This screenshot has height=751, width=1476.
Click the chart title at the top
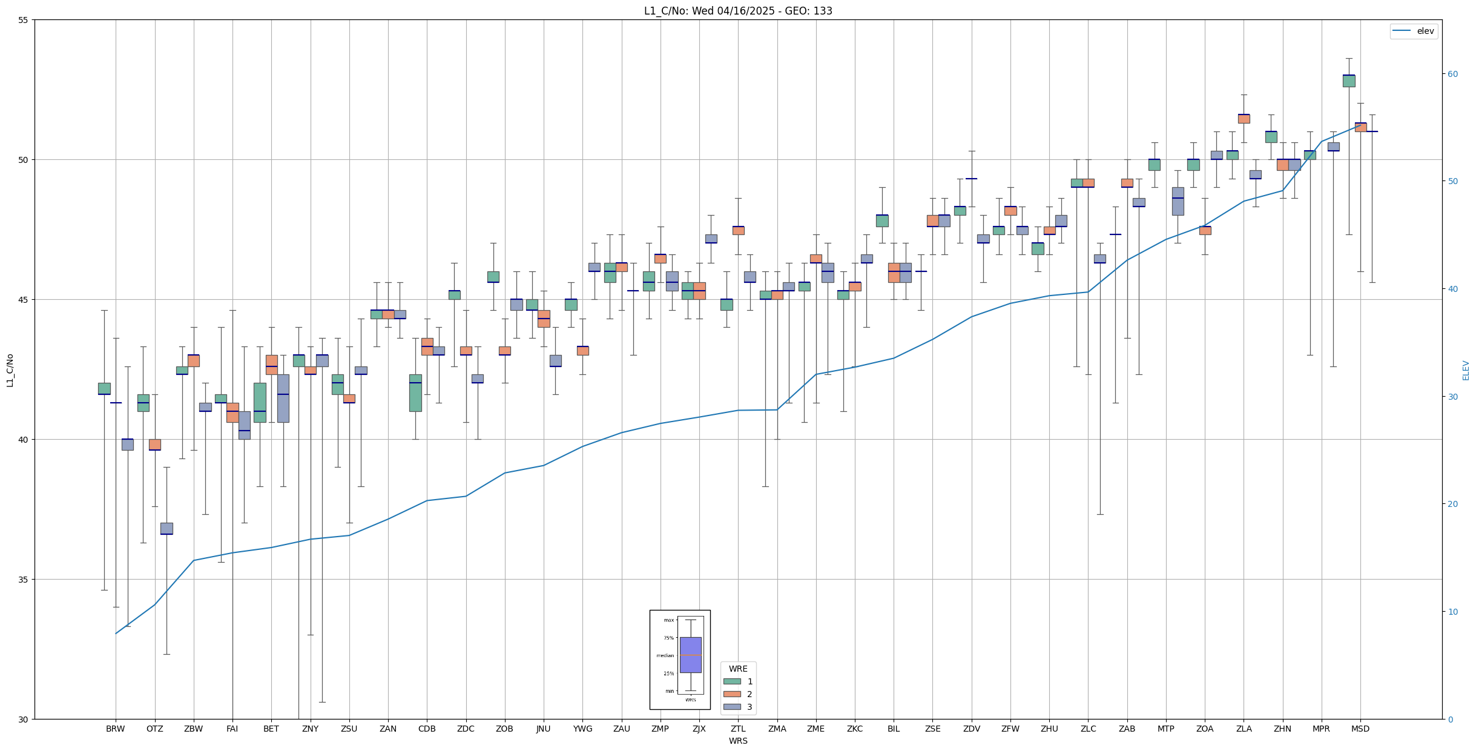[737, 11]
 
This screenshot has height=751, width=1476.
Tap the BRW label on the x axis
[115, 729]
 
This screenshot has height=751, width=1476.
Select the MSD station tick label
[1360, 729]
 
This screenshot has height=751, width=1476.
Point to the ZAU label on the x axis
[621, 729]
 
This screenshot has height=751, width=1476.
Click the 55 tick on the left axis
[24, 20]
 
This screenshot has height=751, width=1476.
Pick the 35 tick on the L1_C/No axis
[24, 580]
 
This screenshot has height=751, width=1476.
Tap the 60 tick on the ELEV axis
[1452, 74]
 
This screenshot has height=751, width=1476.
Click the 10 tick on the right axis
[1452, 612]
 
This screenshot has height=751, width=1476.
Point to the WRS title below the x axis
[737, 741]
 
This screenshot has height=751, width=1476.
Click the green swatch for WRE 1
[732, 681]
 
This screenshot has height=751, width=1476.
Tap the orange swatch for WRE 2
[732, 694]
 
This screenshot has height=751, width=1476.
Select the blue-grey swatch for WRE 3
[732, 707]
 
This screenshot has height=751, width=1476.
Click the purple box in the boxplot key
[690, 655]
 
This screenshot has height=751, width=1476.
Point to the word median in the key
[665, 655]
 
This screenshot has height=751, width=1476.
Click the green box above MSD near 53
[1348, 81]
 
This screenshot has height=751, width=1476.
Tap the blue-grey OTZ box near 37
[166, 528]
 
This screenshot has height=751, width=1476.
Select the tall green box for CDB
[415, 393]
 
